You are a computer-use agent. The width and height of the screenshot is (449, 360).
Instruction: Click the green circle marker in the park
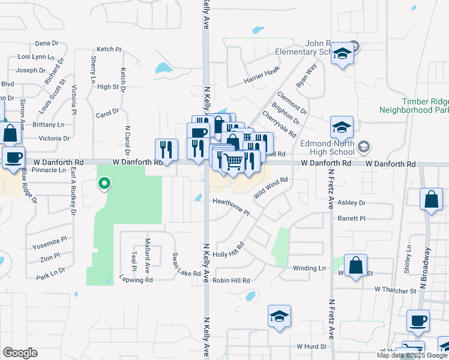104,183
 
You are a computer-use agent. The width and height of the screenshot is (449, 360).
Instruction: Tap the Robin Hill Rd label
231,280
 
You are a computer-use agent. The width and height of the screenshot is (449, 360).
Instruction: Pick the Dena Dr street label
47,43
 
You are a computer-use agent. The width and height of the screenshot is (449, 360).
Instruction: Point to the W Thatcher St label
395,290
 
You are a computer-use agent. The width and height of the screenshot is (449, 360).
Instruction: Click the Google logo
20,353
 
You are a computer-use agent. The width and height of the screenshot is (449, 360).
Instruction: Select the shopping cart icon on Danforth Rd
233,160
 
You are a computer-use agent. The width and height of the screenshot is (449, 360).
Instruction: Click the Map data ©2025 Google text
411,355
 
